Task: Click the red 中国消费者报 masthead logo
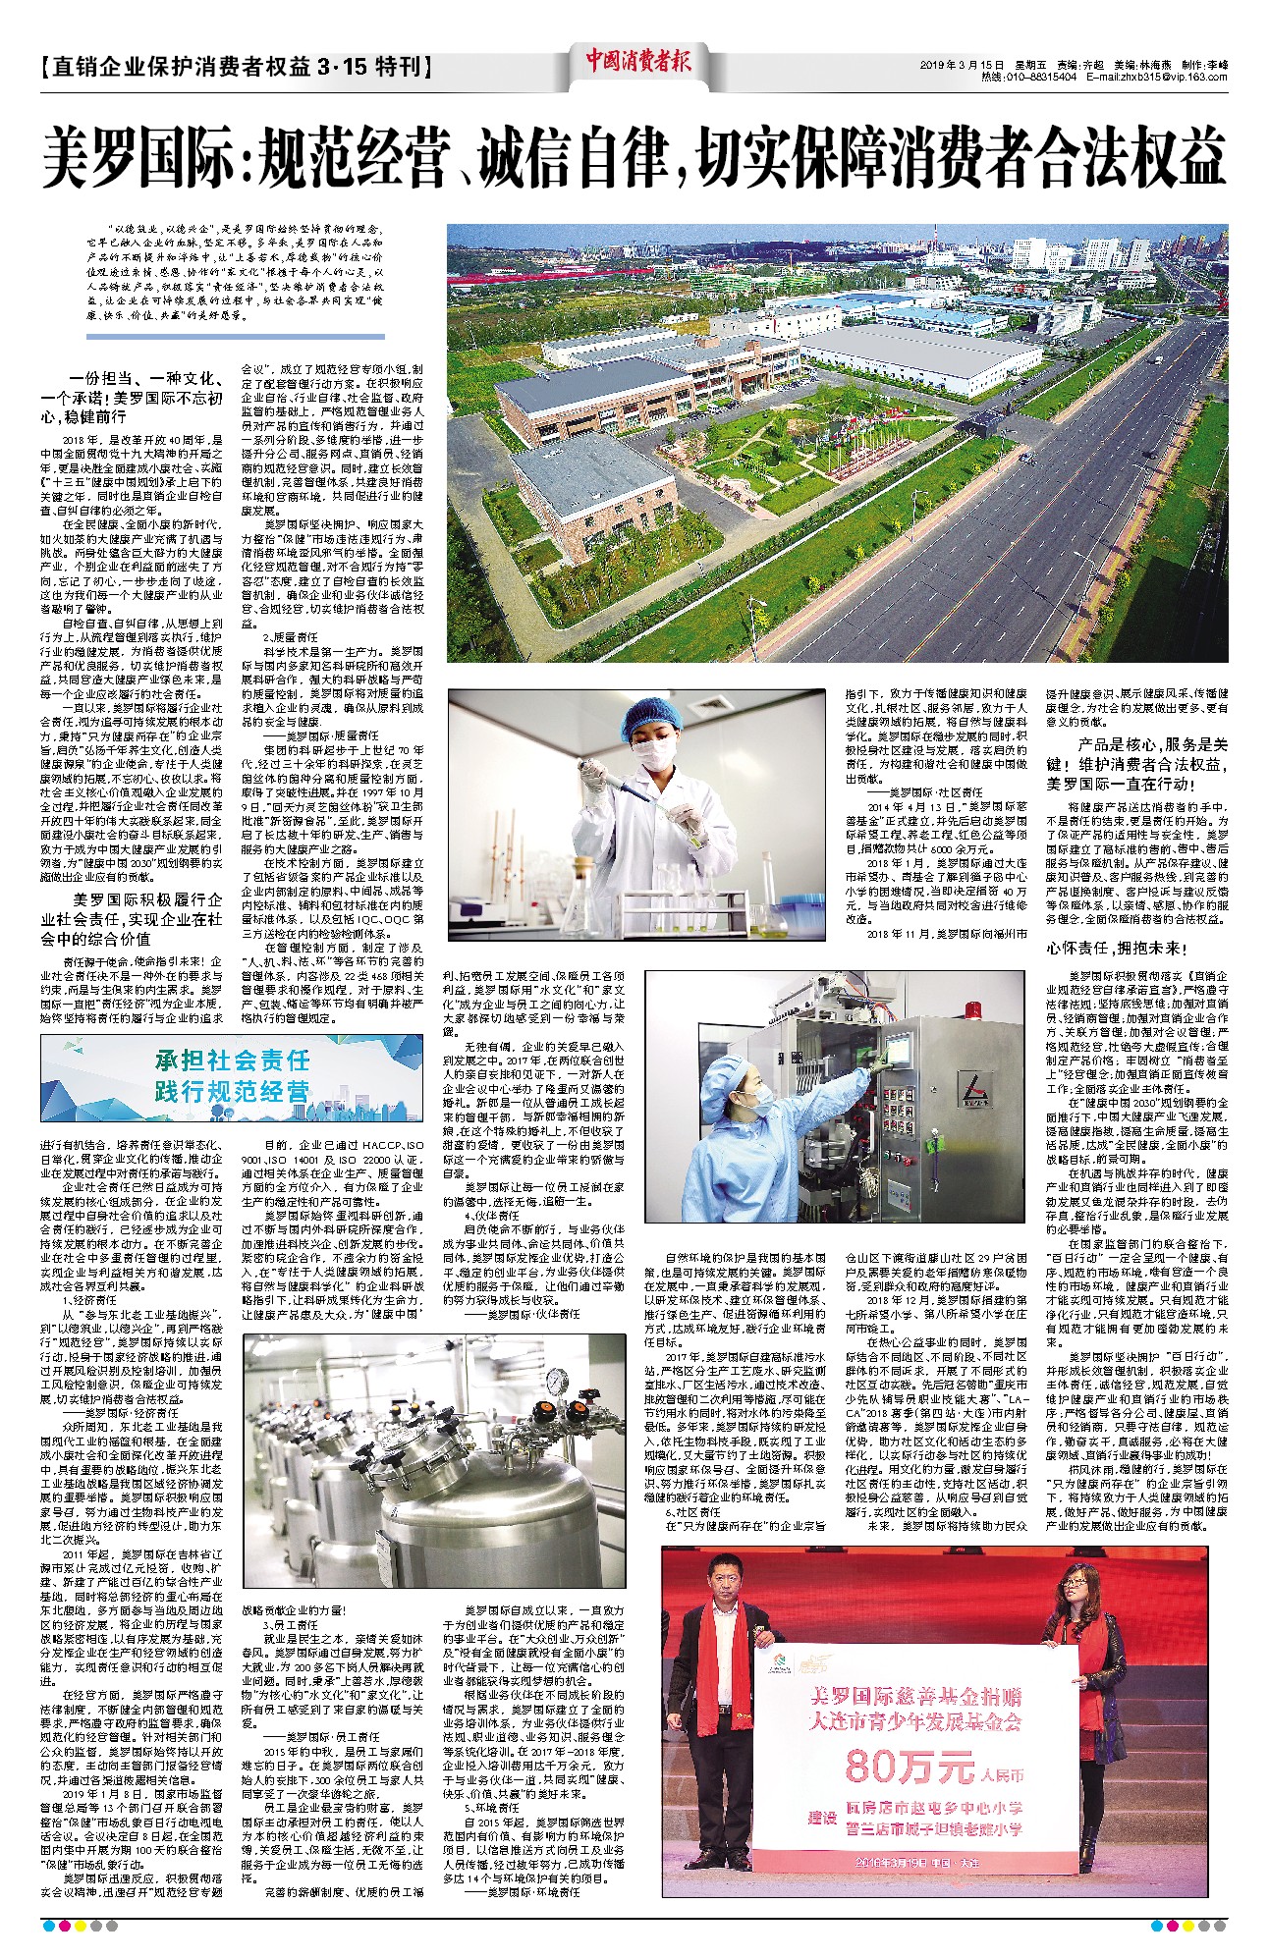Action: point(638,61)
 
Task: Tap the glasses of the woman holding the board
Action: point(1073,1604)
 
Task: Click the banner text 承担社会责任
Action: point(233,1060)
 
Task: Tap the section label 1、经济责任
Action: point(91,1300)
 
